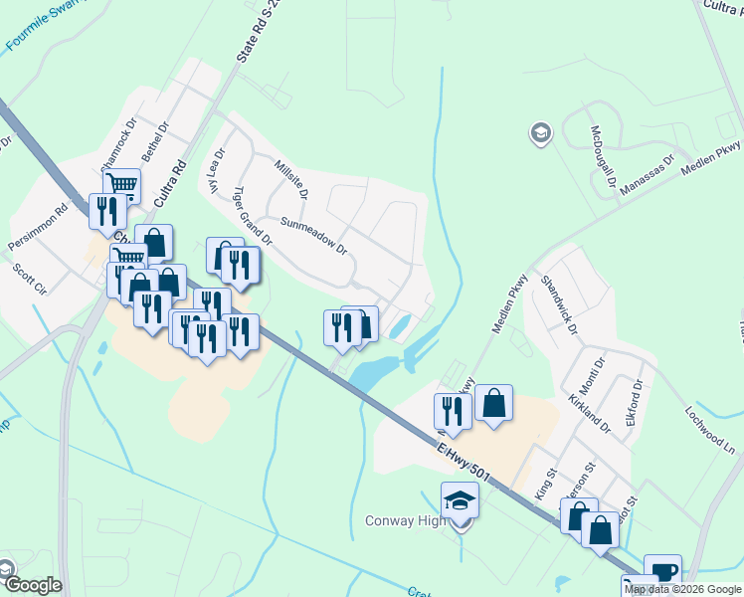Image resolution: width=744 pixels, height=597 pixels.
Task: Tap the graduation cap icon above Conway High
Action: (461, 499)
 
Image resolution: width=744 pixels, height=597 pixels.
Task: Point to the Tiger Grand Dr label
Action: (252, 216)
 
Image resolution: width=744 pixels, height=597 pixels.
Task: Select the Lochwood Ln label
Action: (709, 425)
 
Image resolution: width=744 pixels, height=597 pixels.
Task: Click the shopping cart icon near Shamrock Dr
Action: (121, 185)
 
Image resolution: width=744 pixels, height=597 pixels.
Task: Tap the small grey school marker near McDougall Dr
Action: (540, 133)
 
